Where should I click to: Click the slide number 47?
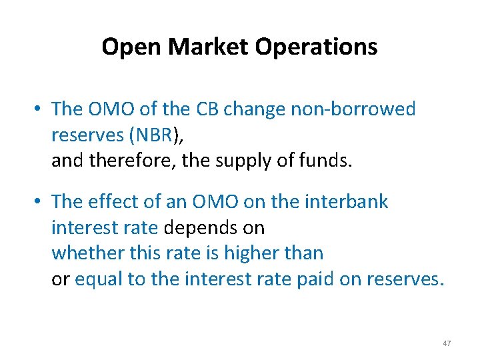[x=447, y=343]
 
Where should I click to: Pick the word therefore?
[x=137, y=160]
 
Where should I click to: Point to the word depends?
[x=195, y=228]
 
